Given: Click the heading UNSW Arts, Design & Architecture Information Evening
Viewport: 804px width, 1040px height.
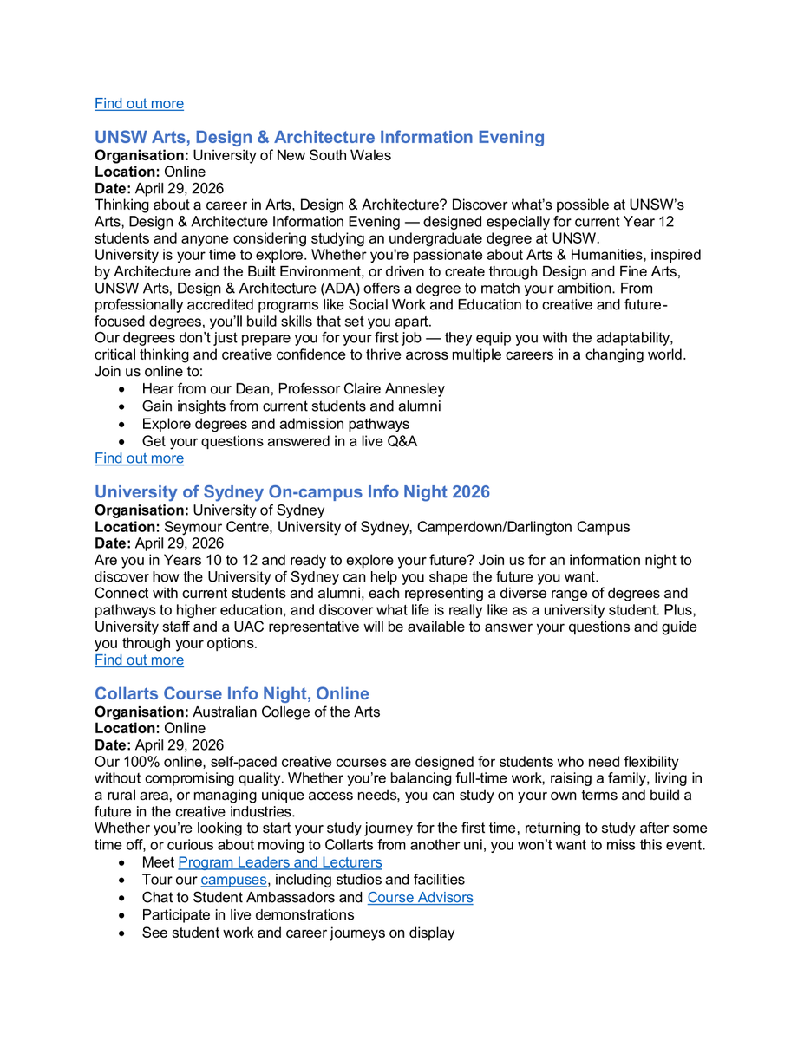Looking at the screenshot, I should pos(319,137).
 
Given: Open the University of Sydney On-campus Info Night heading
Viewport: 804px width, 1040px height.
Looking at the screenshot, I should pos(291,491).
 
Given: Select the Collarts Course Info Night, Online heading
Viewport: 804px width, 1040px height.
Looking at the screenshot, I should pos(232,693).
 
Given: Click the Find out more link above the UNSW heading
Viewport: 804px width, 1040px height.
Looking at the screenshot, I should pos(139,103).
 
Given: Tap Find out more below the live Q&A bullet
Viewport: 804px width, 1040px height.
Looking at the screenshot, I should pos(139,458).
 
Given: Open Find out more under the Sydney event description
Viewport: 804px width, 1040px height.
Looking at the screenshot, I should pos(139,660).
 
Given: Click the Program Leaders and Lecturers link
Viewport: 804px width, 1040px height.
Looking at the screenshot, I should pos(279,862).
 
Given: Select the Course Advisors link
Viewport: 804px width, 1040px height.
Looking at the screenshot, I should pos(420,897).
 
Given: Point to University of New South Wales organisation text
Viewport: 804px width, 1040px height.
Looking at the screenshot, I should pos(291,155).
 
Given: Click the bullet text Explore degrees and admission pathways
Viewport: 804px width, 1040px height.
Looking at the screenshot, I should pos(276,424).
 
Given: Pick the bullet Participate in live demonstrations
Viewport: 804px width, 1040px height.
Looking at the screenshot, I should pos(248,914).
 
